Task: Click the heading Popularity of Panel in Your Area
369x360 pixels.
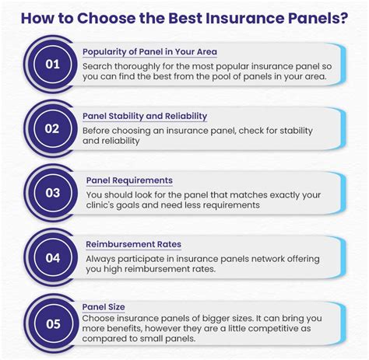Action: [149, 51]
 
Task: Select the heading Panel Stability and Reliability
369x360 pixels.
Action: [145, 116]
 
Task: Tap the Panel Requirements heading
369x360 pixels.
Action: [129, 180]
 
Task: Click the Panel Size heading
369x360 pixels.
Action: [104, 307]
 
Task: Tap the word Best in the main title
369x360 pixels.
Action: [184, 17]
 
